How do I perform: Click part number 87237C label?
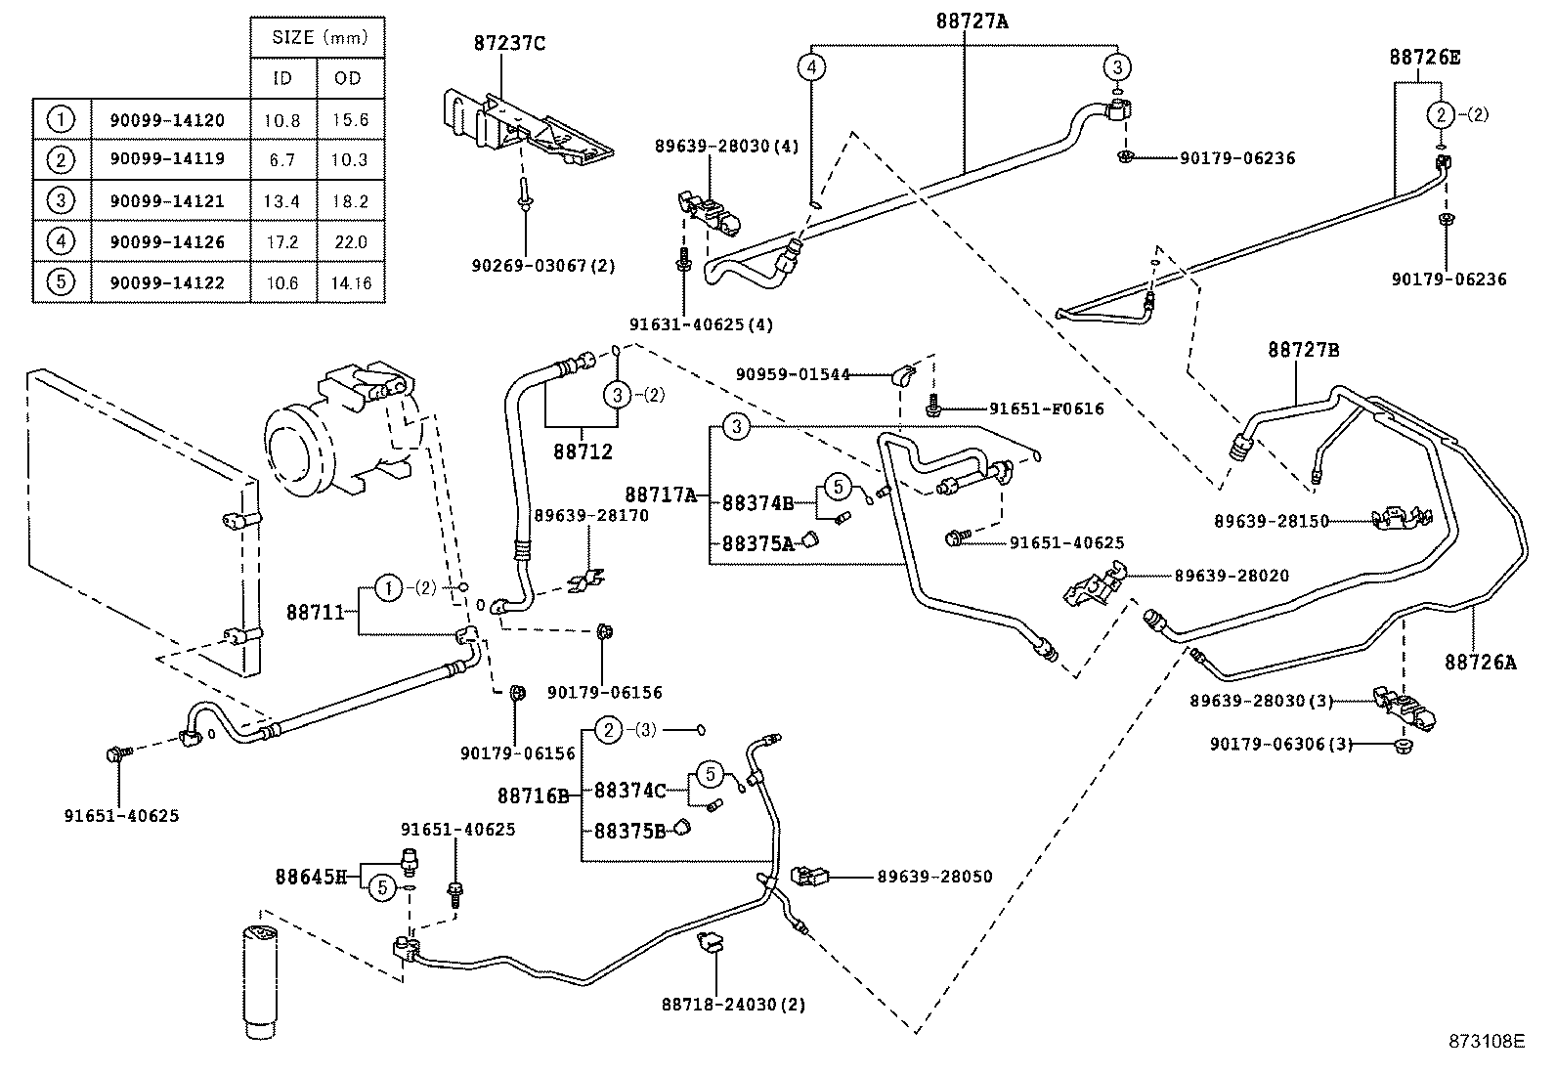509,43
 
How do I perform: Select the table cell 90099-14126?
167,242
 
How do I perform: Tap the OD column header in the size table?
348,78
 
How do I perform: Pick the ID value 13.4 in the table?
281,201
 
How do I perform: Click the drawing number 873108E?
1486,1042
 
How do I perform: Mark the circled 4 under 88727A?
811,67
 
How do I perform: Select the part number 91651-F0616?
1046,408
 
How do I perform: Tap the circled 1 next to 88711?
389,588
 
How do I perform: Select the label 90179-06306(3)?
1280,744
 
